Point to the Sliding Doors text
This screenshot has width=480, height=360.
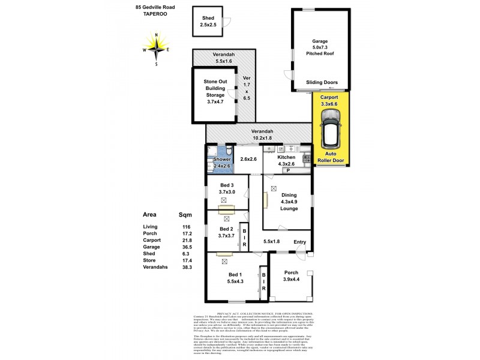point(322,83)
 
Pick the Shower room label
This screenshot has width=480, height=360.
point(222,162)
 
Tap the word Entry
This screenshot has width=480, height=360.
point(300,242)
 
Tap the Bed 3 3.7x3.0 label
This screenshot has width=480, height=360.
point(227,188)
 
